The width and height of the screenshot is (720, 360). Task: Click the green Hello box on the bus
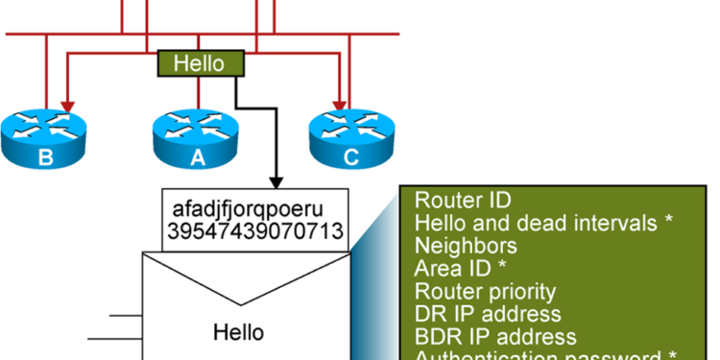click(x=200, y=64)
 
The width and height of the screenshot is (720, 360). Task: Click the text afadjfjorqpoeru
click(x=253, y=209)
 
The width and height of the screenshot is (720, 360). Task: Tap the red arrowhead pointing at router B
click(x=65, y=103)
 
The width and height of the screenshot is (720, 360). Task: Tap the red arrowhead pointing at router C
click(x=338, y=103)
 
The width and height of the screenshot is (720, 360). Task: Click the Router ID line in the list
click(x=463, y=201)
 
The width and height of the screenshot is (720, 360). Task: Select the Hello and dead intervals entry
click(x=543, y=223)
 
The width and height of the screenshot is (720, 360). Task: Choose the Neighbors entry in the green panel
click(x=466, y=246)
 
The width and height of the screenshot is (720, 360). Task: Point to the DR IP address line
click(x=488, y=314)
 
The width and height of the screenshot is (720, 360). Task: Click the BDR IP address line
click(x=495, y=337)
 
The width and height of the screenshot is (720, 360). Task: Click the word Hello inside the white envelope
click(x=238, y=332)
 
